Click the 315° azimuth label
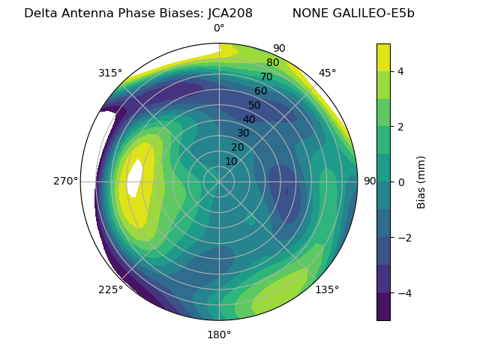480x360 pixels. (x=110, y=73)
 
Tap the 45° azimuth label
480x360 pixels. (x=328, y=73)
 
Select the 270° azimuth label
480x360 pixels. (x=65, y=181)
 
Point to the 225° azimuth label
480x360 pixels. (x=110, y=289)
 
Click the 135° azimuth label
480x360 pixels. (x=327, y=289)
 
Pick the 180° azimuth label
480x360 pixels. (x=219, y=334)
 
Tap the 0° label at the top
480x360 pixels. (x=219, y=28)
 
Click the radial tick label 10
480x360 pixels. (x=231, y=161)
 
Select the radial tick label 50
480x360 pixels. (x=255, y=105)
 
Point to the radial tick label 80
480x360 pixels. (x=272, y=63)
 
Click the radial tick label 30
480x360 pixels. (x=243, y=133)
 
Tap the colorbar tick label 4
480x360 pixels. (x=400, y=71)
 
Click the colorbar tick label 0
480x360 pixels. (x=400, y=181)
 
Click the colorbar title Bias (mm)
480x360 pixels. (x=421, y=181)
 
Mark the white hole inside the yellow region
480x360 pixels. (x=135, y=178)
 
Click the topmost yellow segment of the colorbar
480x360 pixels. (x=383, y=57)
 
